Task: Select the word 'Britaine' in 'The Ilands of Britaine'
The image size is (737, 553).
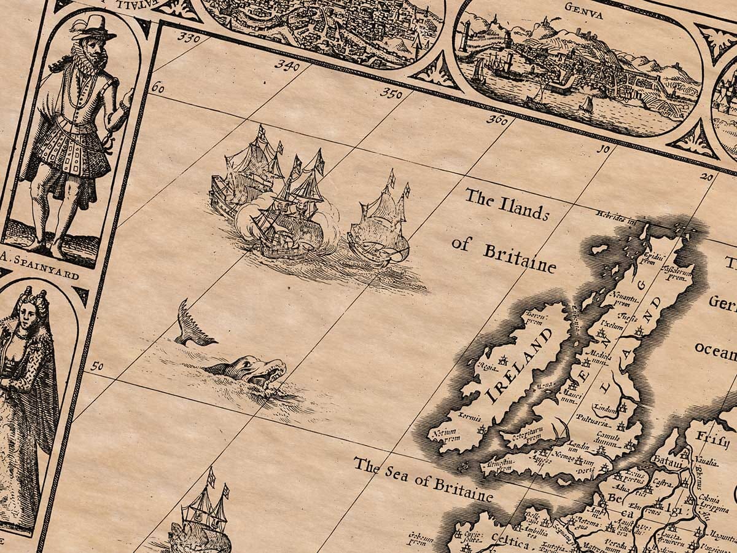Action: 520,259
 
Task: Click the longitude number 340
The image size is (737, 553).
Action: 287,65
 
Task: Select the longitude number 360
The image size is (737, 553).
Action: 496,119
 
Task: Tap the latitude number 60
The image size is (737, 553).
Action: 157,88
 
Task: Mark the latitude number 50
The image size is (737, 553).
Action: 96,366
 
